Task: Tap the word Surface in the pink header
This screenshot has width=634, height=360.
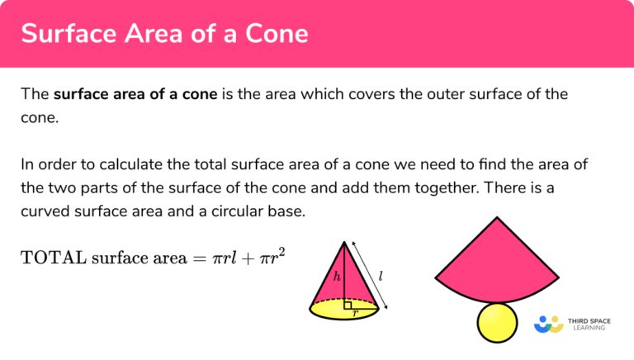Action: pyautogui.click(x=64, y=35)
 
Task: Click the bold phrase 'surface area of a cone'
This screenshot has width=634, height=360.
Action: pyautogui.click(x=135, y=94)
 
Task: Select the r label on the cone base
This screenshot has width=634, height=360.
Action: pyautogui.click(x=355, y=314)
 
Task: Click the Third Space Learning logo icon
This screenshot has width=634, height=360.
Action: pyautogui.click(x=548, y=324)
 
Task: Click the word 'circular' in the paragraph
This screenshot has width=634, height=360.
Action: pyautogui.click(x=223, y=211)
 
